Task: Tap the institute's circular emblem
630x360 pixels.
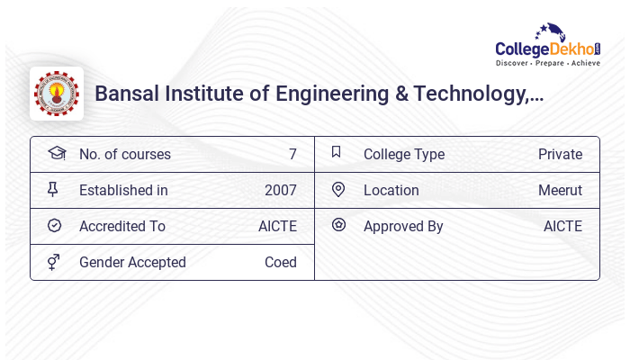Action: click(x=57, y=94)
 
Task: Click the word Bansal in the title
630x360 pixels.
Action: click(x=126, y=94)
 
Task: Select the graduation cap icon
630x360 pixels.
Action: click(x=57, y=153)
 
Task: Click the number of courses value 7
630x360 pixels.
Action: click(x=292, y=154)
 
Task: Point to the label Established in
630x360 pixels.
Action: click(x=123, y=190)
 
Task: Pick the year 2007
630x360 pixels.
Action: click(x=281, y=190)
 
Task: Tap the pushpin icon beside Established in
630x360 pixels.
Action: click(x=55, y=190)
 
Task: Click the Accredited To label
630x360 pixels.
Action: click(x=122, y=226)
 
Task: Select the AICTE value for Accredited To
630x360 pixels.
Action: click(x=277, y=226)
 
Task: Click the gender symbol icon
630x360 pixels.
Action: click(x=55, y=262)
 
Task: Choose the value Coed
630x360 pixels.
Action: click(x=281, y=262)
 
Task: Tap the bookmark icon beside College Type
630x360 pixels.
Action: click(x=337, y=152)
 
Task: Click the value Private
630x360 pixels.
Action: click(x=560, y=154)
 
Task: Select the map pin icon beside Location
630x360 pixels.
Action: click(x=338, y=189)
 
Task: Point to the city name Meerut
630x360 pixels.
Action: click(x=560, y=190)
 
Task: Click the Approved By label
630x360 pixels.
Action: click(x=403, y=226)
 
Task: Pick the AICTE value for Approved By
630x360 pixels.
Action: click(x=562, y=226)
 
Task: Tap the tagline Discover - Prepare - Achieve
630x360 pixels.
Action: click(x=548, y=64)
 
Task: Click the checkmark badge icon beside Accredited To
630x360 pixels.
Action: click(x=55, y=226)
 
